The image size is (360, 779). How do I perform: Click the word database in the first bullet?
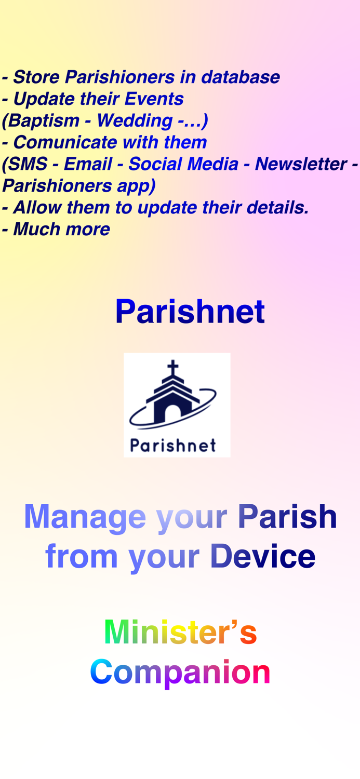click(240, 77)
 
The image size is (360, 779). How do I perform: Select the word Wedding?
click(135, 120)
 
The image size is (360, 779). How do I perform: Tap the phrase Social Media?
click(183, 164)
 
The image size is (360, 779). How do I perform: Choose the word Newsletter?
click(301, 164)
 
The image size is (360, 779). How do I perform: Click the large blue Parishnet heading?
click(190, 312)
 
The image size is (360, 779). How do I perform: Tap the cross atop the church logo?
click(173, 367)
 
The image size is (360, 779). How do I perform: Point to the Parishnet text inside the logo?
click(173, 445)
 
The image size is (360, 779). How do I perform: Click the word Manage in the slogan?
click(85, 517)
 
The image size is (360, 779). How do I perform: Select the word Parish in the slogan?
click(287, 516)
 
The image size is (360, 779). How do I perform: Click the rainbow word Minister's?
click(180, 632)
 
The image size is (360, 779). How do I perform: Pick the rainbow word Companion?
click(180, 672)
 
